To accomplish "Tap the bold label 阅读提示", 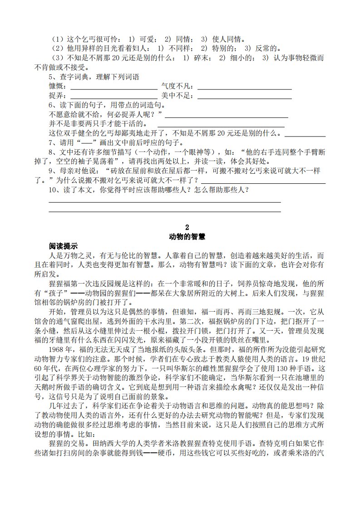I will click(x=64, y=246).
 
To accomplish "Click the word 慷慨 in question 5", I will click(x=56, y=86).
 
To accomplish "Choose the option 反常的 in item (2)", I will click(x=267, y=49).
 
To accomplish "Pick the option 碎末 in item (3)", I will click(x=201, y=58).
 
